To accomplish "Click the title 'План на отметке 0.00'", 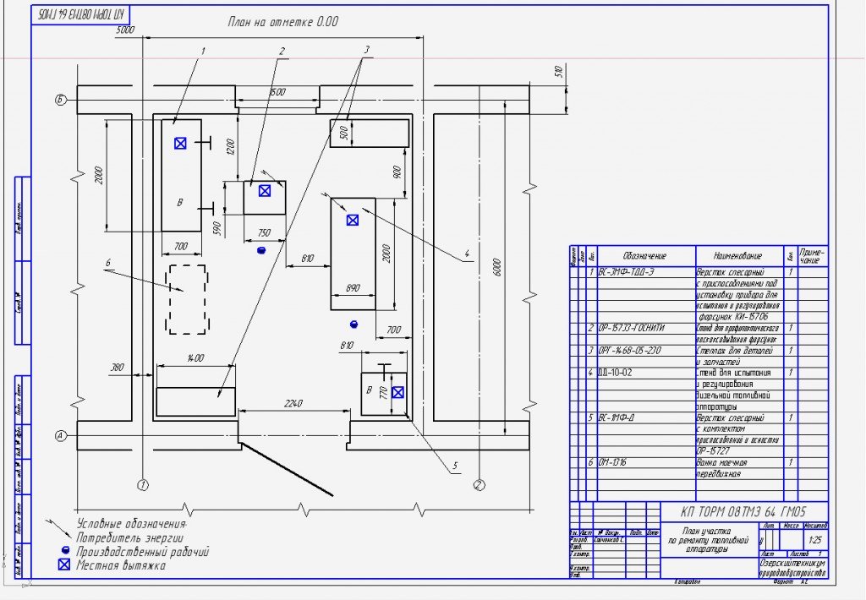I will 282,22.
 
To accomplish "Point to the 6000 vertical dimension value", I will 497,266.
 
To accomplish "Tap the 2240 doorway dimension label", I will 293,404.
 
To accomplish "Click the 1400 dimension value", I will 195,358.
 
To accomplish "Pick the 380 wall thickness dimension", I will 117,367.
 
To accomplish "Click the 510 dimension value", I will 558,72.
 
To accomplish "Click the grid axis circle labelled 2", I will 479,485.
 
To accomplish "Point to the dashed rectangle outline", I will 187,299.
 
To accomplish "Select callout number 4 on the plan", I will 466,253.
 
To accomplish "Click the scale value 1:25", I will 815,538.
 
